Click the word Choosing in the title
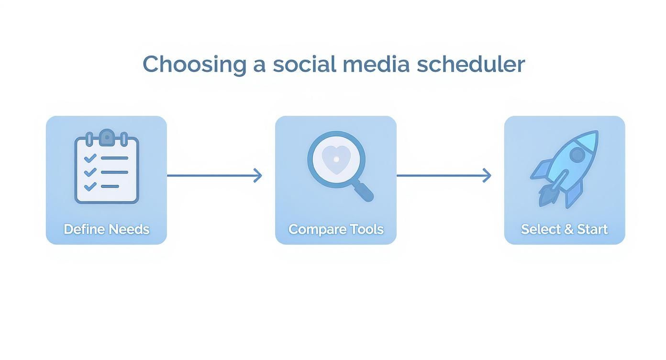(194, 64)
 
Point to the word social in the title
(304, 64)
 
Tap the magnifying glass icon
(339, 165)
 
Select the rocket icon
(565, 168)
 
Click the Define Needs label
(107, 229)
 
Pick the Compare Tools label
(336, 229)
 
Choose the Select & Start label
(565, 229)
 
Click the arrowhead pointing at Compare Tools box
(258, 176)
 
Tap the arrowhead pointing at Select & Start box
(487, 176)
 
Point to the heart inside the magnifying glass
(336, 158)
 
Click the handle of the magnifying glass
(364, 191)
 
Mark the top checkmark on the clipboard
(89, 158)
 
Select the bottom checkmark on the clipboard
(89, 186)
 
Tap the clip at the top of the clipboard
(107, 137)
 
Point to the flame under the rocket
(546, 195)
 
